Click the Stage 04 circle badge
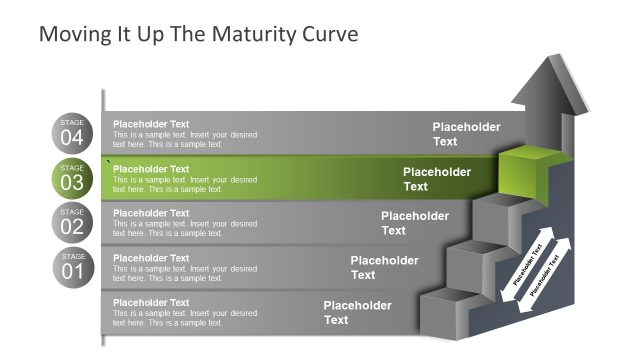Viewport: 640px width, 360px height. [x=72, y=133]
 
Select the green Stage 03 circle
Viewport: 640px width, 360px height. [x=72, y=178]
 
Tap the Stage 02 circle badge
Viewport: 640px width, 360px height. [x=72, y=222]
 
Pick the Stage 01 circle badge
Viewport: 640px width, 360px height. [x=72, y=267]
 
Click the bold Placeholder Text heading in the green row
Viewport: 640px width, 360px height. [x=151, y=169]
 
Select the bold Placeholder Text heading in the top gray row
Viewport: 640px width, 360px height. [x=151, y=124]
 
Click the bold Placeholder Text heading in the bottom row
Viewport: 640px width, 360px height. [x=151, y=302]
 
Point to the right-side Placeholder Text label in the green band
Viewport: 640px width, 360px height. [x=436, y=179]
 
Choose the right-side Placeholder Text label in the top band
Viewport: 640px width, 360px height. [x=466, y=134]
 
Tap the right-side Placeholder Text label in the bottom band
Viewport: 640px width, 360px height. [x=357, y=313]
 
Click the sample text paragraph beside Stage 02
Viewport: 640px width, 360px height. [x=185, y=229]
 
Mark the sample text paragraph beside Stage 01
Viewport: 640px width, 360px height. [x=185, y=273]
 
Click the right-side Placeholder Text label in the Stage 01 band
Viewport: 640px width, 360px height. [x=384, y=268]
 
